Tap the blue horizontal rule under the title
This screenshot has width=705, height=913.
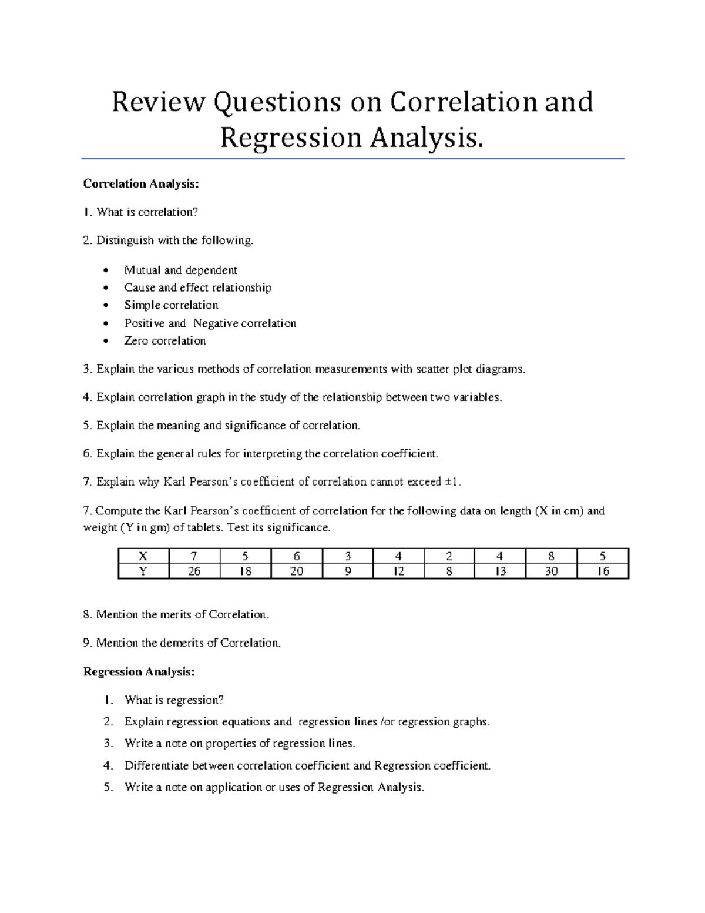click(x=352, y=158)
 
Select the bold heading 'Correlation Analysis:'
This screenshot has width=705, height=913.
click(x=141, y=184)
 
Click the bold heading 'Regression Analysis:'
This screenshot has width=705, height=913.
click(x=139, y=671)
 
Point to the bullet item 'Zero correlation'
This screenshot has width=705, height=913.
click(x=164, y=340)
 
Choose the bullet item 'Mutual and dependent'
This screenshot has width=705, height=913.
click(x=180, y=270)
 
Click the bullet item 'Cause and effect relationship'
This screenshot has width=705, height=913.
click(x=197, y=287)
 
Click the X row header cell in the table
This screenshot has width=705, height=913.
click(x=143, y=556)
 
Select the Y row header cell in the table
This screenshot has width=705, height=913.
click(x=143, y=571)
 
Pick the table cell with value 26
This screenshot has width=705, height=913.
click(x=194, y=571)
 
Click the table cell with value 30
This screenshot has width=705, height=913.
click(x=551, y=571)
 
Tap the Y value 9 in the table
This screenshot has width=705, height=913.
click(x=348, y=571)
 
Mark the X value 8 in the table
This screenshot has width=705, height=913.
click(x=551, y=556)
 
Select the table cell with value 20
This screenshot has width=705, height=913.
click(x=297, y=571)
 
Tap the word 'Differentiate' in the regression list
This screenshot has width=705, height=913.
click(x=156, y=765)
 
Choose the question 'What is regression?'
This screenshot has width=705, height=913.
click(x=174, y=700)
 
